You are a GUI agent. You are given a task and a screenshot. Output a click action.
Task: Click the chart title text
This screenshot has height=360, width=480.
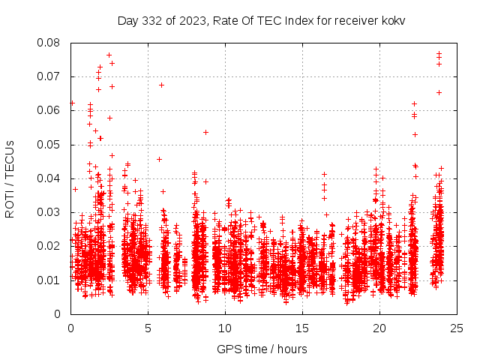pyautogui.click(x=261, y=20)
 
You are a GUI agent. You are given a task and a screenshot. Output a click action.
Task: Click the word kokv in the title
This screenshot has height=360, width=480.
pyautogui.click(x=392, y=20)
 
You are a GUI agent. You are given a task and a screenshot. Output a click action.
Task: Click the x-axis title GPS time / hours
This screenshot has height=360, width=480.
pyautogui.click(x=262, y=349)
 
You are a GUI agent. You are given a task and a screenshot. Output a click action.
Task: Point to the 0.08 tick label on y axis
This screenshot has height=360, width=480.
pyautogui.click(x=50, y=43)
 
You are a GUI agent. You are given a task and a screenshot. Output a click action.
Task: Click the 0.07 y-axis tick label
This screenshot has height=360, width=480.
pyautogui.click(x=50, y=76)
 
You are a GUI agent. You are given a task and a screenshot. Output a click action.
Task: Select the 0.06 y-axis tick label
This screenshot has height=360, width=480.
pyautogui.click(x=50, y=110)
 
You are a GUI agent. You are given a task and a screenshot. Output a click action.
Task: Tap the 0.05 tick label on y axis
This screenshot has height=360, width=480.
pyautogui.click(x=50, y=144)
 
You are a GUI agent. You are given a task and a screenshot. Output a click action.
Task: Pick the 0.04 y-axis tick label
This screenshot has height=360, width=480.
pyautogui.click(x=50, y=178)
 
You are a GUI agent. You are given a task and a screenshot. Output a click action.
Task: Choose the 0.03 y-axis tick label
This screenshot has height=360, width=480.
pyautogui.click(x=50, y=212)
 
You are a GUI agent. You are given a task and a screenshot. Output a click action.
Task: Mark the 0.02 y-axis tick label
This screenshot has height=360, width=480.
pyautogui.click(x=50, y=246)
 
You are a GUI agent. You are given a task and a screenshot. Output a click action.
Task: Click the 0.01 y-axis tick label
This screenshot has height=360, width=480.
pyautogui.click(x=50, y=280)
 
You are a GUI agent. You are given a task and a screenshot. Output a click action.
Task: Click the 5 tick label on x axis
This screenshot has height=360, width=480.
pyautogui.click(x=148, y=328)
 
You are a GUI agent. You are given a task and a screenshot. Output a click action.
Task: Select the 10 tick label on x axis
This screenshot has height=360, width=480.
pyautogui.click(x=225, y=328)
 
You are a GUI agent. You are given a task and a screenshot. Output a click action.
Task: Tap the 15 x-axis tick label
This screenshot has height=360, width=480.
pyautogui.click(x=302, y=328)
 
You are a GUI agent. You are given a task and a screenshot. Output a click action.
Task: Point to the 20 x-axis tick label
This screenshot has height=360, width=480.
pyautogui.click(x=379, y=328)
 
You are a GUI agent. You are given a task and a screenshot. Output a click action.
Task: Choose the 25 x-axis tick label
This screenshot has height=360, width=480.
pyautogui.click(x=457, y=328)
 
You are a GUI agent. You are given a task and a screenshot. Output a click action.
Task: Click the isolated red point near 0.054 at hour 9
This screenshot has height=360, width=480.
pyautogui.click(x=205, y=132)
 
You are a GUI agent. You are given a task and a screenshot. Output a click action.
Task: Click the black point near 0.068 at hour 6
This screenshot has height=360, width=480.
pyautogui.click(x=161, y=85)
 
